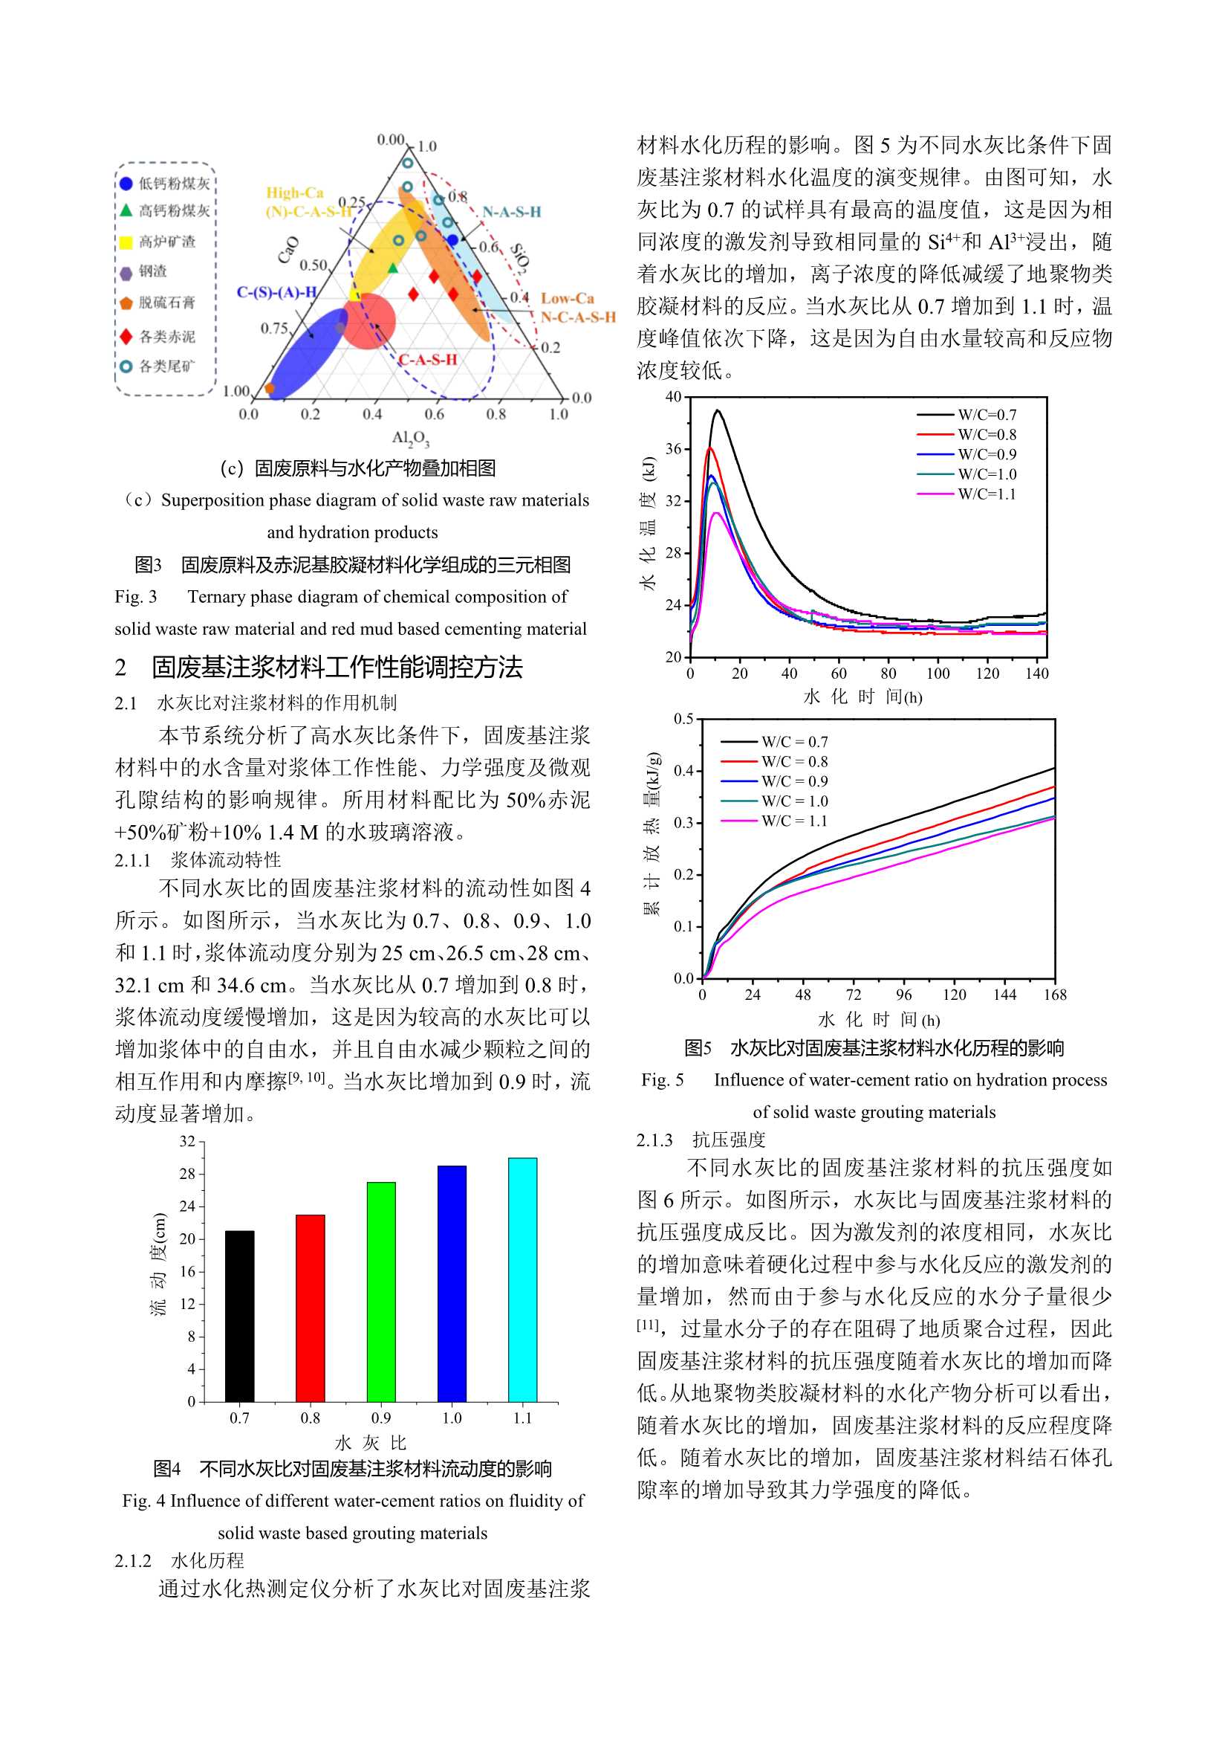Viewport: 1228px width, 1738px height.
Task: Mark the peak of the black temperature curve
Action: pyautogui.click(x=718, y=411)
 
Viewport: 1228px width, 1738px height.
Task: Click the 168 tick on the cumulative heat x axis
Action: pyautogui.click(x=1055, y=995)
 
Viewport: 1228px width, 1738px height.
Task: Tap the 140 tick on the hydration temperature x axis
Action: pyautogui.click(x=1036, y=673)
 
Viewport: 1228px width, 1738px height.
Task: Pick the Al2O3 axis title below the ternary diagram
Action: pyautogui.click(x=410, y=439)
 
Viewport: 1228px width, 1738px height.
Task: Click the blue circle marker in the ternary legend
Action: pyautogui.click(x=126, y=183)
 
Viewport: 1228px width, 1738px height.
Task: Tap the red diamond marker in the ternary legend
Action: pyautogui.click(x=126, y=335)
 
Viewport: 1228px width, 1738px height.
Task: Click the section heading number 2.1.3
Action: pyautogui.click(x=654, y=1140)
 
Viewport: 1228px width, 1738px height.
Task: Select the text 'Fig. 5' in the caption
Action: pyautogui.click(x=662, y=1080)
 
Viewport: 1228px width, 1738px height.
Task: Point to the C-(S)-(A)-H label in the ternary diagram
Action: pyautogui.click(x=276, y=292)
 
